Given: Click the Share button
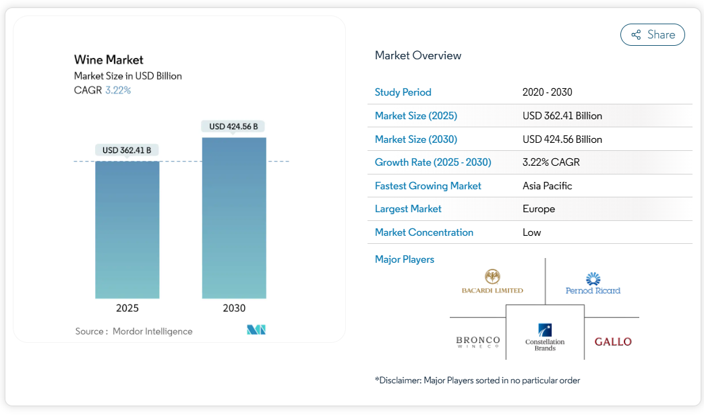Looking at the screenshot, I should click(x=652, y=35).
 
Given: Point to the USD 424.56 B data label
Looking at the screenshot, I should click(x=233, y=127).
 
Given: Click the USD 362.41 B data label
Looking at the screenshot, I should click(x=127, y=150).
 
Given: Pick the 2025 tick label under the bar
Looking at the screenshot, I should click(x=127, y=309).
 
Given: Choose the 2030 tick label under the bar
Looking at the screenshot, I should click(x=234, y=309).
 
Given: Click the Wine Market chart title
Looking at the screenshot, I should click(x=109, y=60).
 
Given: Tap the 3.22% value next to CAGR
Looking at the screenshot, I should click(x=118, y=90).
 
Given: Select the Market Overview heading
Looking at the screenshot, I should click(x=418, y=56).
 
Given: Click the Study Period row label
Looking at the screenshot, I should click(x=403, y=92).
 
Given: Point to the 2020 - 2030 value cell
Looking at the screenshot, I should click(x=547, y=92).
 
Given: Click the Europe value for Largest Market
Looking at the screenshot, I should click(x=539, y=209).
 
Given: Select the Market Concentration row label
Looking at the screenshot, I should click(x=424, y=232).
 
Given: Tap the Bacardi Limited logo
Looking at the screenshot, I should click(x=492, y=282).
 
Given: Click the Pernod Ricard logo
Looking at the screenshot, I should click(x=593, y=284).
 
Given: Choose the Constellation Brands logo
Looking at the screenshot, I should click(x=545, y=336).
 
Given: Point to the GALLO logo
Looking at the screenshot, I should click(x=613, y=342).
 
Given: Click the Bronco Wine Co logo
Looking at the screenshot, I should click(x=478, y=342).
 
